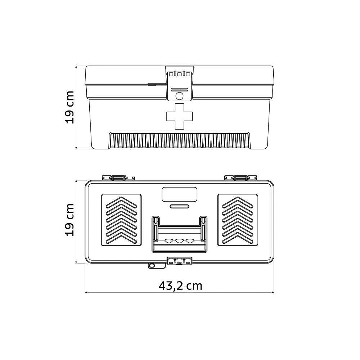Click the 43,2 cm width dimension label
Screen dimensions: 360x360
tap(180, 286)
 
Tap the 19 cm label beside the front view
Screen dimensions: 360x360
tap(70, 107)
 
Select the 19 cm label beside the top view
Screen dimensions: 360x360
tap(70, 220)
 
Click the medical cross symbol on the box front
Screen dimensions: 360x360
tap(179, 116)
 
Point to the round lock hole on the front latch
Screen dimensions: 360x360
tap(179, 96)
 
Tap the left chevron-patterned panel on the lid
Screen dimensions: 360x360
tap(121, 220)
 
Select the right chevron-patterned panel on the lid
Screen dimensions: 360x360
tap(238, 220)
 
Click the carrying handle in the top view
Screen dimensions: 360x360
tap(179, 234)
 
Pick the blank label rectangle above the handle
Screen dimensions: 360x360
tap(179, 194)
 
